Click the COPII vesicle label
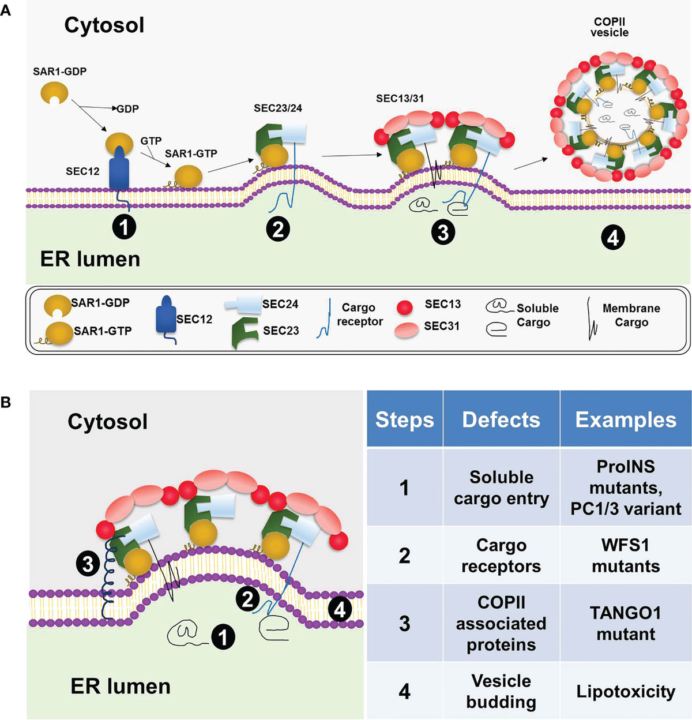pyautogui.click(x=609, y=27)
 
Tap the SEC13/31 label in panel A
pyautogui.click(x=400, y=99)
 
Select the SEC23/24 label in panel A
pyautogui.click(x=278, y=108)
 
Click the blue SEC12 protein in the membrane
pyautogui.click(x=119, y=168)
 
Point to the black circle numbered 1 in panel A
pyautogui.click(x=124, y=227)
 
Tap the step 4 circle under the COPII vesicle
pyautogui.click(x=613, y=238)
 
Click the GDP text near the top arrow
pyautogui.click(x=127, y=109)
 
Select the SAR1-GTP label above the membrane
pyautogui.click(x=191, y=153)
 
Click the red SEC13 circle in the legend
pyautogui.click(x=404, y=308)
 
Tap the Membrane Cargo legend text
pyautogui.click(x=631, y=315)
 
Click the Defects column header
pyautogui.click(x=501, y=419)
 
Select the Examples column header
pyautogui.click(x=626, y=419)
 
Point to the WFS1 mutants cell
pyautogui.click(x=626, y=556)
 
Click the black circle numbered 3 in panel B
pyautogui.click(x=88, y=564)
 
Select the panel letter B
pyautogui.click(x=6, y=402)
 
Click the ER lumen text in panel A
pyautogui.click(x=90, y=259)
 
